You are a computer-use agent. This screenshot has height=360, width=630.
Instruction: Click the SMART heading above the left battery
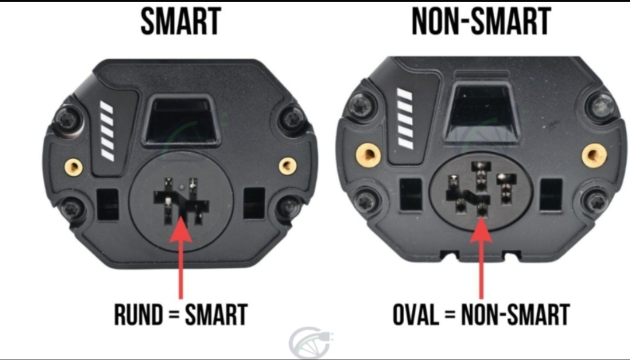pos(181,22)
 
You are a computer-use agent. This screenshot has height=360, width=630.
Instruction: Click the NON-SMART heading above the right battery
pos(481,22)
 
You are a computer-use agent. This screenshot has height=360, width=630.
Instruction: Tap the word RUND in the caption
pos(139,314)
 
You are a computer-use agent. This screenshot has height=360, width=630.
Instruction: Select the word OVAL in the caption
pos(416,314)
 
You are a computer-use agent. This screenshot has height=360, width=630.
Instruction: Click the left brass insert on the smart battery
pos(74,166)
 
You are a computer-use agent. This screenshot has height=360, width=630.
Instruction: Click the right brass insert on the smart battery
pos(288,165)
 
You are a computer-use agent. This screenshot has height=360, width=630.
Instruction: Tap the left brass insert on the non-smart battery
pos(369,155)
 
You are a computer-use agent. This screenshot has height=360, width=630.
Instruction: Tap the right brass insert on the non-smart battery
pos(594,155)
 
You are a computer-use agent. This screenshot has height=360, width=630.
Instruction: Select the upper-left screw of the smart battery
pos(66,118)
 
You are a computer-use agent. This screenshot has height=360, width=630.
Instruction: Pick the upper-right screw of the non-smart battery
pos(602,106)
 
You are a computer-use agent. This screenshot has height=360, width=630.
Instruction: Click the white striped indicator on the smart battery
pos(107,131)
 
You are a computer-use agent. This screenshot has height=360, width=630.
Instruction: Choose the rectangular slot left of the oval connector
pos(410,194)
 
